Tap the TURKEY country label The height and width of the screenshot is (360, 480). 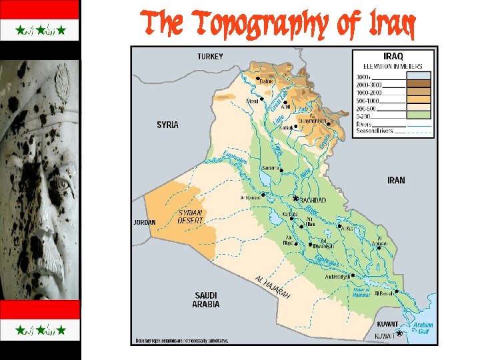[x=209, y=57]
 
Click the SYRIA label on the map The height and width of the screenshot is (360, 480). [x=167, y=125]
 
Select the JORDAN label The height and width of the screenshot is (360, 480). [x=145, y=222]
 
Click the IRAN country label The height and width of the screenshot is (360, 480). [x=396, y=180]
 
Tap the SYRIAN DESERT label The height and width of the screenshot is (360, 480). [x=191, y=217]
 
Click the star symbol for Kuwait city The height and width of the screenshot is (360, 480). [x=399, y=332]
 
